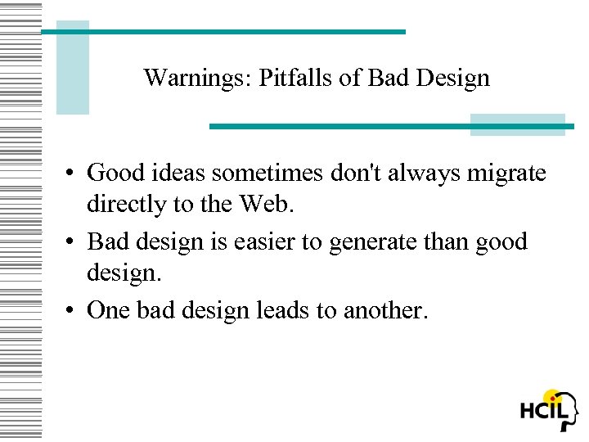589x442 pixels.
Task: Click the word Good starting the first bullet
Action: (x=113, y=173)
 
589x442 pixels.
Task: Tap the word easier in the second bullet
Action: (x=256, y=242)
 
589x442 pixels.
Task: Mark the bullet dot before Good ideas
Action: (x=73, y=174)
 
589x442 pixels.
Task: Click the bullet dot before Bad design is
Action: (x=73, y=243)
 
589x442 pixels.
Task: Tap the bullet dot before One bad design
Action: (x=73, y=312)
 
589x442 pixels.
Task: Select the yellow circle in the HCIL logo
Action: (x=554, y=397)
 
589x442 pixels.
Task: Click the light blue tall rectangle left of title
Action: (x=72, y=67)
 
